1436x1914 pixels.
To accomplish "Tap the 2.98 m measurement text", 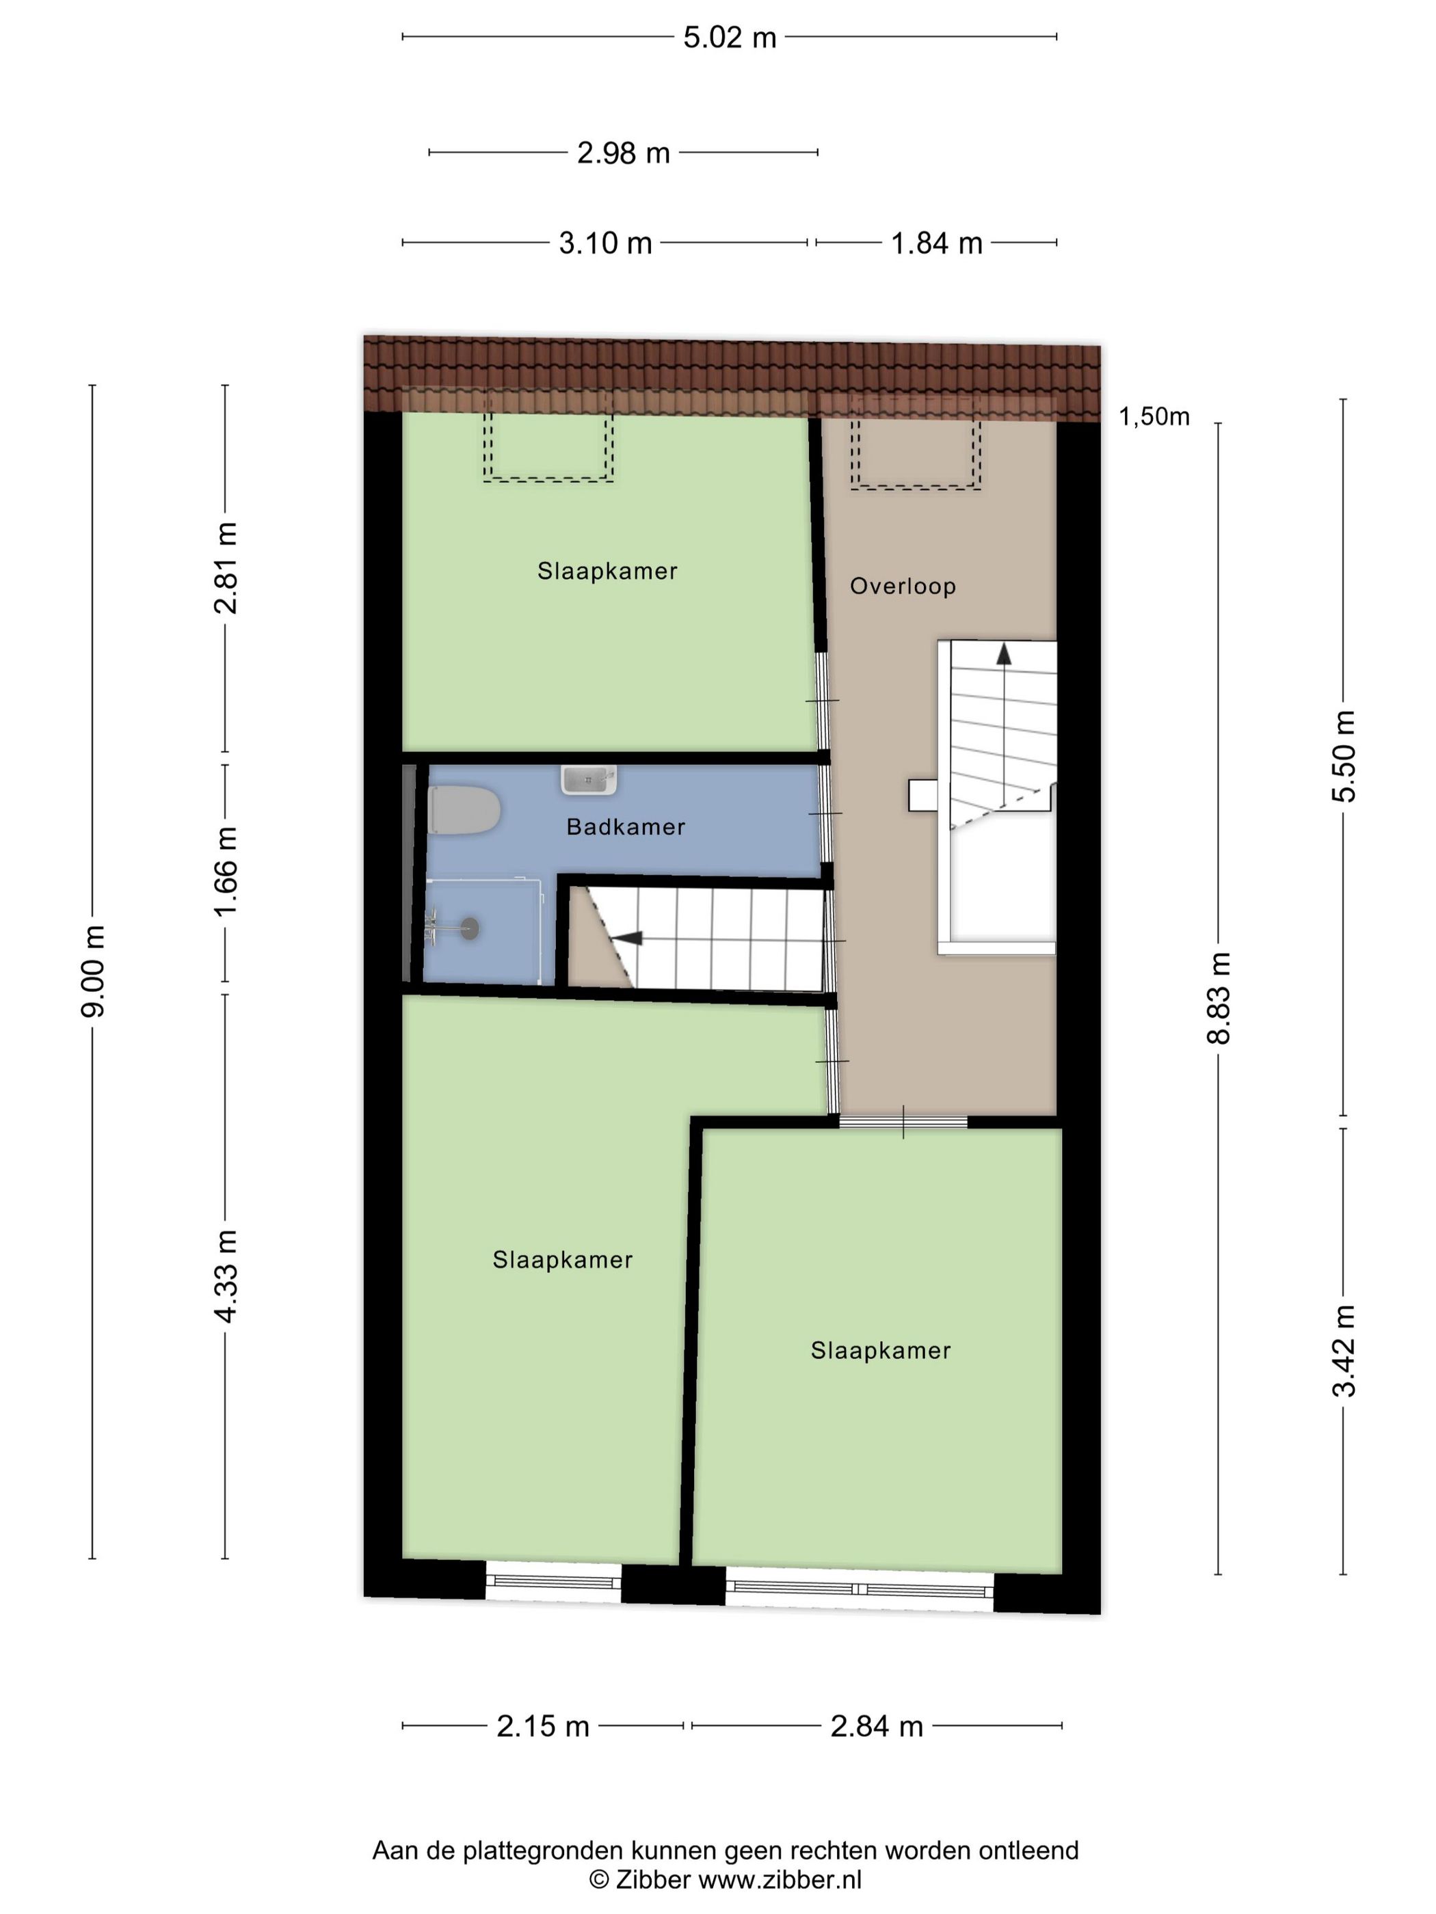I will click(622, 153).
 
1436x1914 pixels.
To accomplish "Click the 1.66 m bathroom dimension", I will click(226, 872).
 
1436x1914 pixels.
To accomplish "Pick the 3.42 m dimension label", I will click(1344, 1351).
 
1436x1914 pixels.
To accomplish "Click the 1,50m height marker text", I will click(1153, 417).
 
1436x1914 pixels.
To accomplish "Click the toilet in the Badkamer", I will click(463, 811).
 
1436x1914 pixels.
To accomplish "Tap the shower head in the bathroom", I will click(468, 928).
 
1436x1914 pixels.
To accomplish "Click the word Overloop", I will click(902, 586).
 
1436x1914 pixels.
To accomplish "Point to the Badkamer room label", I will click(625, 827).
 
